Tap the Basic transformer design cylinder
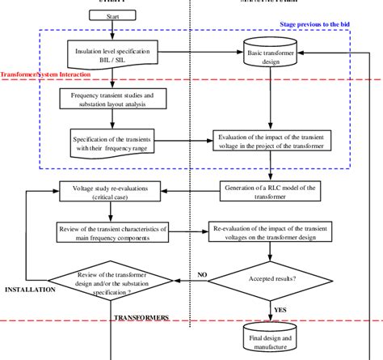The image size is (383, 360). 271,56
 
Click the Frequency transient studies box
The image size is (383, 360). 112,99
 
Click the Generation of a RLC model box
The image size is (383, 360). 271,191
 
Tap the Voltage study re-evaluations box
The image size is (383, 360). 113,193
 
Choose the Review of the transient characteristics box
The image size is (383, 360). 113,230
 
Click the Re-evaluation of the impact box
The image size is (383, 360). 271,231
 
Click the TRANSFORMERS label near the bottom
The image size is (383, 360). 141,317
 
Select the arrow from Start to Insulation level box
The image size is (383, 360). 112,31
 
